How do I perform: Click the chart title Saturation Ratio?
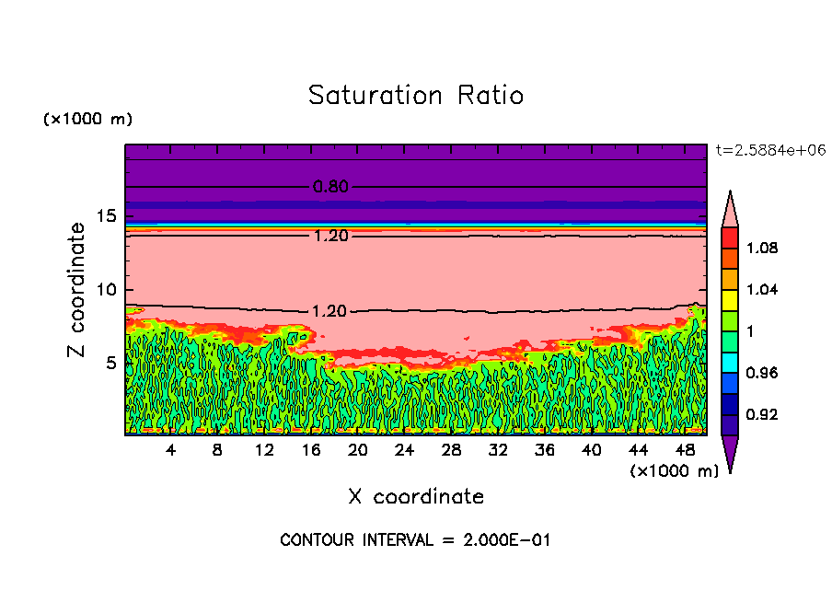(416, 96)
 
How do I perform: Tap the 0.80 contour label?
(330, 187)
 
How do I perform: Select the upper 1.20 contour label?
(330, 236)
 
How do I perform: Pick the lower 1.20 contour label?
(330, 311)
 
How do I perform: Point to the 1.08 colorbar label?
(763, 248)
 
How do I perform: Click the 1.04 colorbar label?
(763, 289)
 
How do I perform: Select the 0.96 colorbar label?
(763, 373)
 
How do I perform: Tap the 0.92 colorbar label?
(763, 414)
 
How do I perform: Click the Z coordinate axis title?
(77, 289)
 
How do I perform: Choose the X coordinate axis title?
(416, 497)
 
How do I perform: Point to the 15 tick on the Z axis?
(107, 216)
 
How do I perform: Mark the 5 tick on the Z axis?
(111, 363)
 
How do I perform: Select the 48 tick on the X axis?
(685, 450)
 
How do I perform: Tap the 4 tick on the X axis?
(171, 450)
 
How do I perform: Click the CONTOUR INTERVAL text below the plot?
(415, 540)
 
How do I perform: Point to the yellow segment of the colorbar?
(729, 299)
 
